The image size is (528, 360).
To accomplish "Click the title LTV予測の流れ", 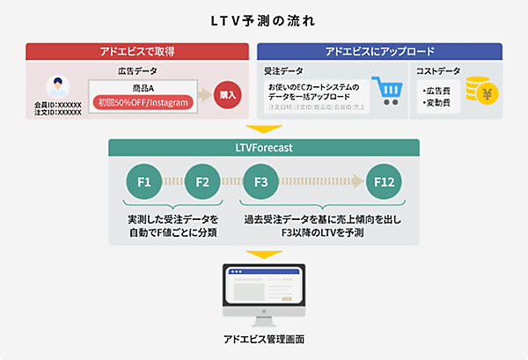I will pyautogui.click(x=263, y=17).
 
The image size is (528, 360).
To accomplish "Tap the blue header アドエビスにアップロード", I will pyautogui.click(x=380, y=51).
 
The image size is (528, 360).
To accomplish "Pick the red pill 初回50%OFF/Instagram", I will pyautogui.click(x=143, y=103).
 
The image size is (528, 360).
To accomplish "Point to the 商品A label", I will pyautogui.click(x=143, y=87).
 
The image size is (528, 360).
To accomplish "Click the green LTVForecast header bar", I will pyautogui.click(x=263, y=147).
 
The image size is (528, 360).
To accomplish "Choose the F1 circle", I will pyautogui.click(x=143, y=182).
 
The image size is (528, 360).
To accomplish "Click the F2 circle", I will pyautogui.click(x=202, y=182).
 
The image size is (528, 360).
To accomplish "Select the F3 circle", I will pyautogui.click(x=260, y=182).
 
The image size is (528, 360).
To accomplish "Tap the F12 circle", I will pyautogui.click(x=384, y=182).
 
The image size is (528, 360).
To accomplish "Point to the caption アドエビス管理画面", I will pyautogui.click(x=263, y=339).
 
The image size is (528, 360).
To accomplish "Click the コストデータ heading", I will pyautogui.click(x=437, y=69).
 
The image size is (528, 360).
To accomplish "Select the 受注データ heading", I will pyautogui.click(x=282, y=69).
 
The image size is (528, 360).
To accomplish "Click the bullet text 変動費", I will pyautogui.click(x=437, y=103).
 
